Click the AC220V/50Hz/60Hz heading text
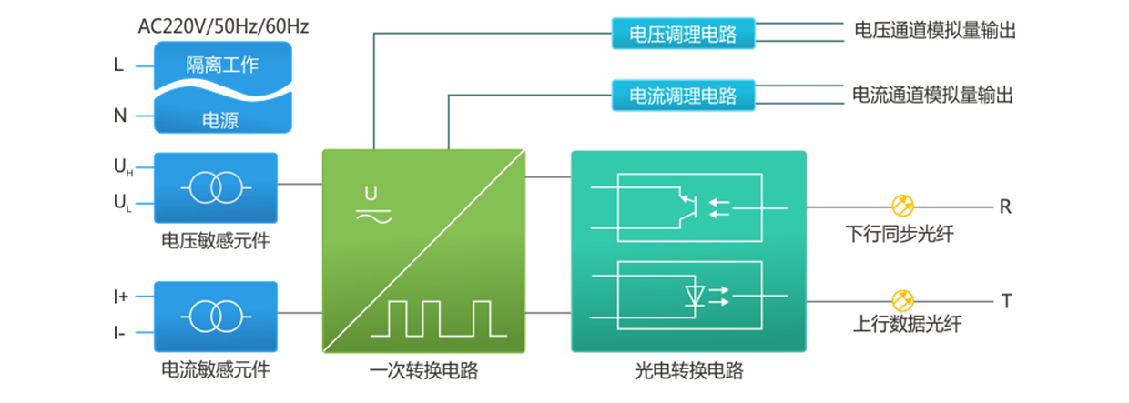[x=223, y=25]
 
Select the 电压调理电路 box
[x=684, y=35]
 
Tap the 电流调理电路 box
[x=684, y=95]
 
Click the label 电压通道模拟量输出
[x=934, y=31]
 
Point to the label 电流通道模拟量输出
[x=932, y=94]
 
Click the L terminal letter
[x=118, y=65]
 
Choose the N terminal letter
[x=119, y=116]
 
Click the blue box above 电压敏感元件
[x=216, y=187]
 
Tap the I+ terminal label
[x=120, y=297]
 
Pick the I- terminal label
[x=119, y=332]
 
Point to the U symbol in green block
[x=371, y=193]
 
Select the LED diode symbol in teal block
[x=695, y=295]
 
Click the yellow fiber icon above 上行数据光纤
[x=901, y=297]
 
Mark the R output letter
[x=1005, y=207]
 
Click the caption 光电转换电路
[x=688, y=372]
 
